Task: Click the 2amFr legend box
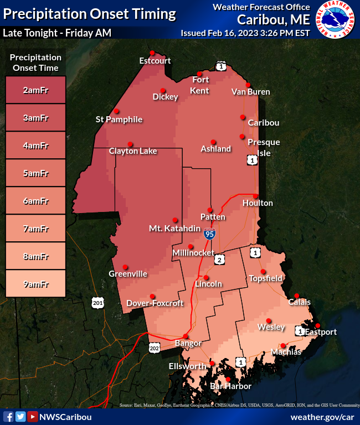click(35, 90)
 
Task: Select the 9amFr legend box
click(35, 284)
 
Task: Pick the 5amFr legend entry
click(35, 173)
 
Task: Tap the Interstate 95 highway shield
click(209, 234)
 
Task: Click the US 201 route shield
click(97, 302)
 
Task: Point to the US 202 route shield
click(155, 347)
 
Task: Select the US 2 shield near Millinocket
click(219, 260)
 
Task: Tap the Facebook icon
click(8, 417)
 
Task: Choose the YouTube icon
click(33, 417)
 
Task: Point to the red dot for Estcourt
click(152, 53)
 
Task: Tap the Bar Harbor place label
click(230, 386)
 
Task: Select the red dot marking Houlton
click(256, 196)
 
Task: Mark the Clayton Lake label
click(133, 151)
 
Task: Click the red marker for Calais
click(297, 296)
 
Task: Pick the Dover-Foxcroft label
click(151, 303)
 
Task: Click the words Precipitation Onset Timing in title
click(90, 14)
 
